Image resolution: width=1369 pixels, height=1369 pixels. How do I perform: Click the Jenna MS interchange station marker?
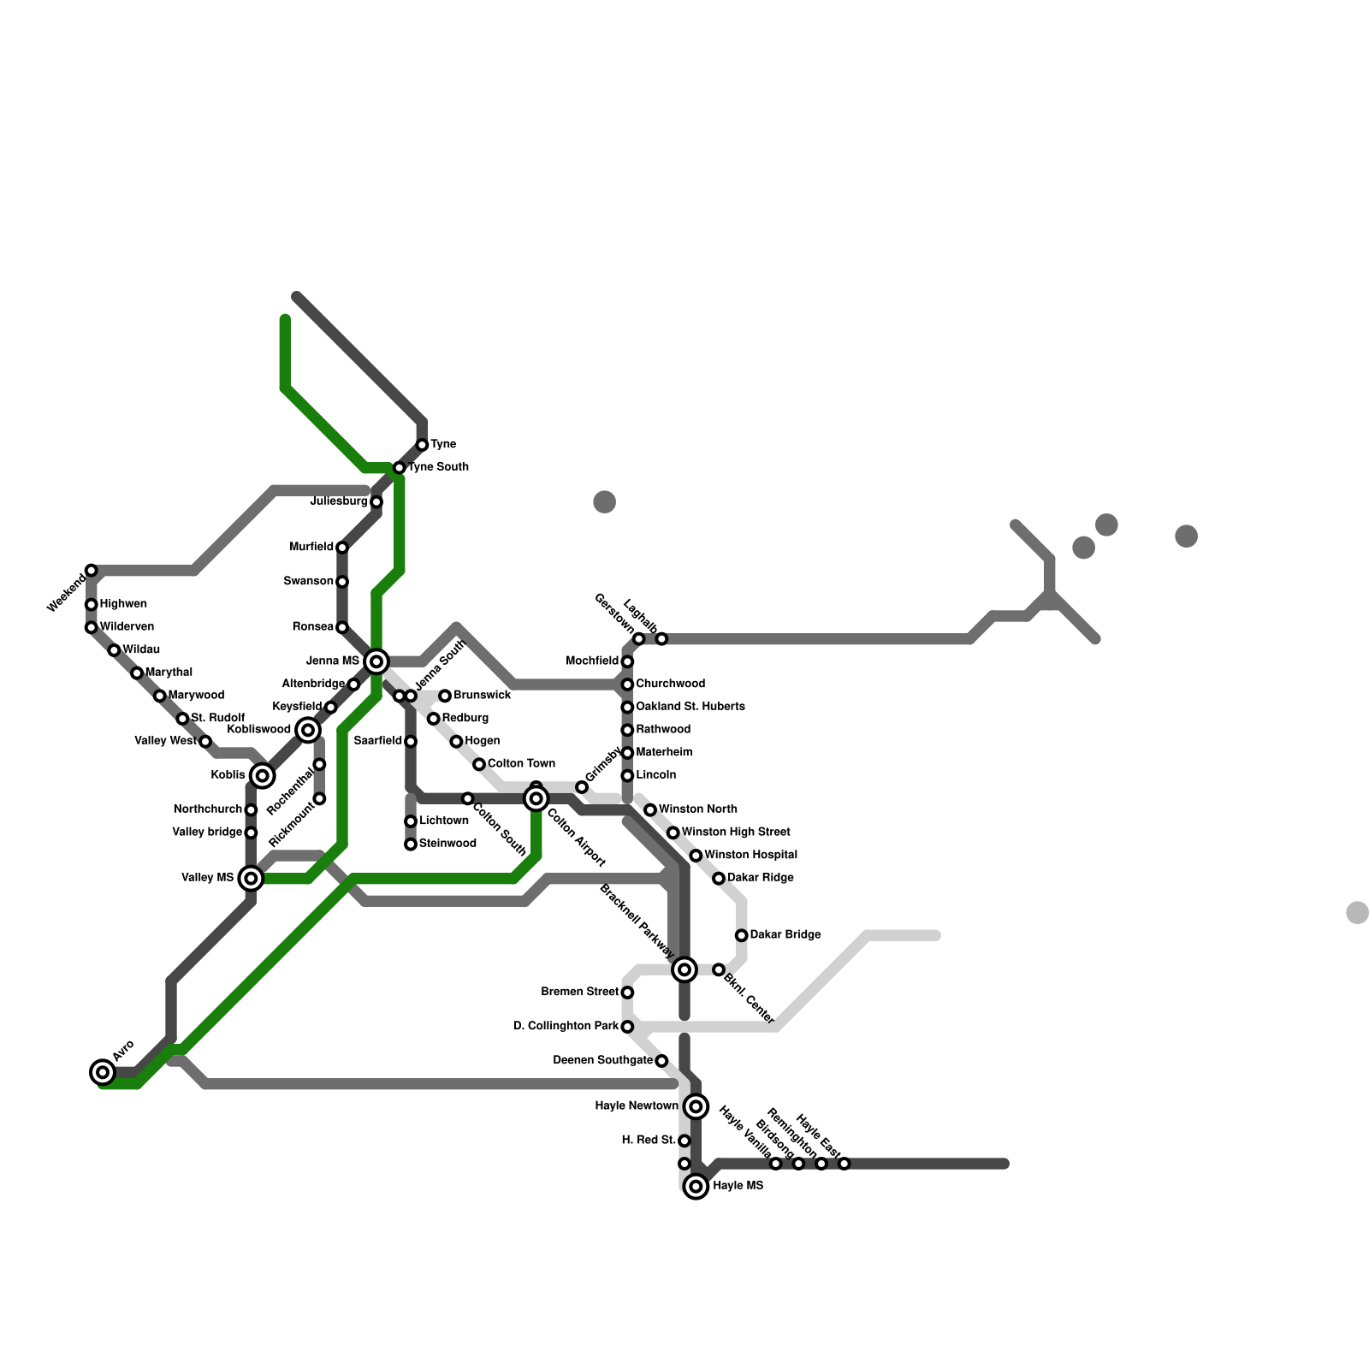coord(376,661)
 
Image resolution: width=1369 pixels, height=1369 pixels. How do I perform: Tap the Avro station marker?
coord(103,1072)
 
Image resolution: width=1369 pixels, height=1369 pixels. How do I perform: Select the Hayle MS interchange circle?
coord(696,1187)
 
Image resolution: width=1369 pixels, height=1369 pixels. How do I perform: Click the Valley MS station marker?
coord(251,878)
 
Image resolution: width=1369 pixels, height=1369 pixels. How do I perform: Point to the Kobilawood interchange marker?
coord(308,730)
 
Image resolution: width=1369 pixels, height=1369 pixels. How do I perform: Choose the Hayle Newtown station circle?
coord(696,1106)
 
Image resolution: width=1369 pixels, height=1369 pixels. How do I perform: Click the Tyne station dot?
coord(422,445)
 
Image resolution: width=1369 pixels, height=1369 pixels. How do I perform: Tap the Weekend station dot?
coord(92,571)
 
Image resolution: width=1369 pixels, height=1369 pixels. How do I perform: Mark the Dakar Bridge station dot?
coord(742,935)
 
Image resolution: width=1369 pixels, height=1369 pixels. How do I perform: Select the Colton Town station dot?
coord(479,764)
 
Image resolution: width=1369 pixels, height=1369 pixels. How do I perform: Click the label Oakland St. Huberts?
coord(690,707)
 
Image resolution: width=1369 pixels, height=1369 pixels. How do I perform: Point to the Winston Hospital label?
coord(750,855)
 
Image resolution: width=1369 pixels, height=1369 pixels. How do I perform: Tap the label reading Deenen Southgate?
coord(602,1061)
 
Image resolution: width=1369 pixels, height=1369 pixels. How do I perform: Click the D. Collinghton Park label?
coord(566,1026)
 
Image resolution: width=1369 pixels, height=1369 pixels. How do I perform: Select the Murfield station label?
coord(311,548)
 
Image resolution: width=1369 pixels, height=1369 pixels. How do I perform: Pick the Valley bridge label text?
coord(207,833)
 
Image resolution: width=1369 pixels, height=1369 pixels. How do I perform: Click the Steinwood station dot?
coord(411,845)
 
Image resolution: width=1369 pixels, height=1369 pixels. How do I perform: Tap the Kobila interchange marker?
coord(263,776)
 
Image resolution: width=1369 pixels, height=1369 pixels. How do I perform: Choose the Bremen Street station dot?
coord(627,993)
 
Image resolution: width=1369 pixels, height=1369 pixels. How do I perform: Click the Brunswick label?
coord(482,696)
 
